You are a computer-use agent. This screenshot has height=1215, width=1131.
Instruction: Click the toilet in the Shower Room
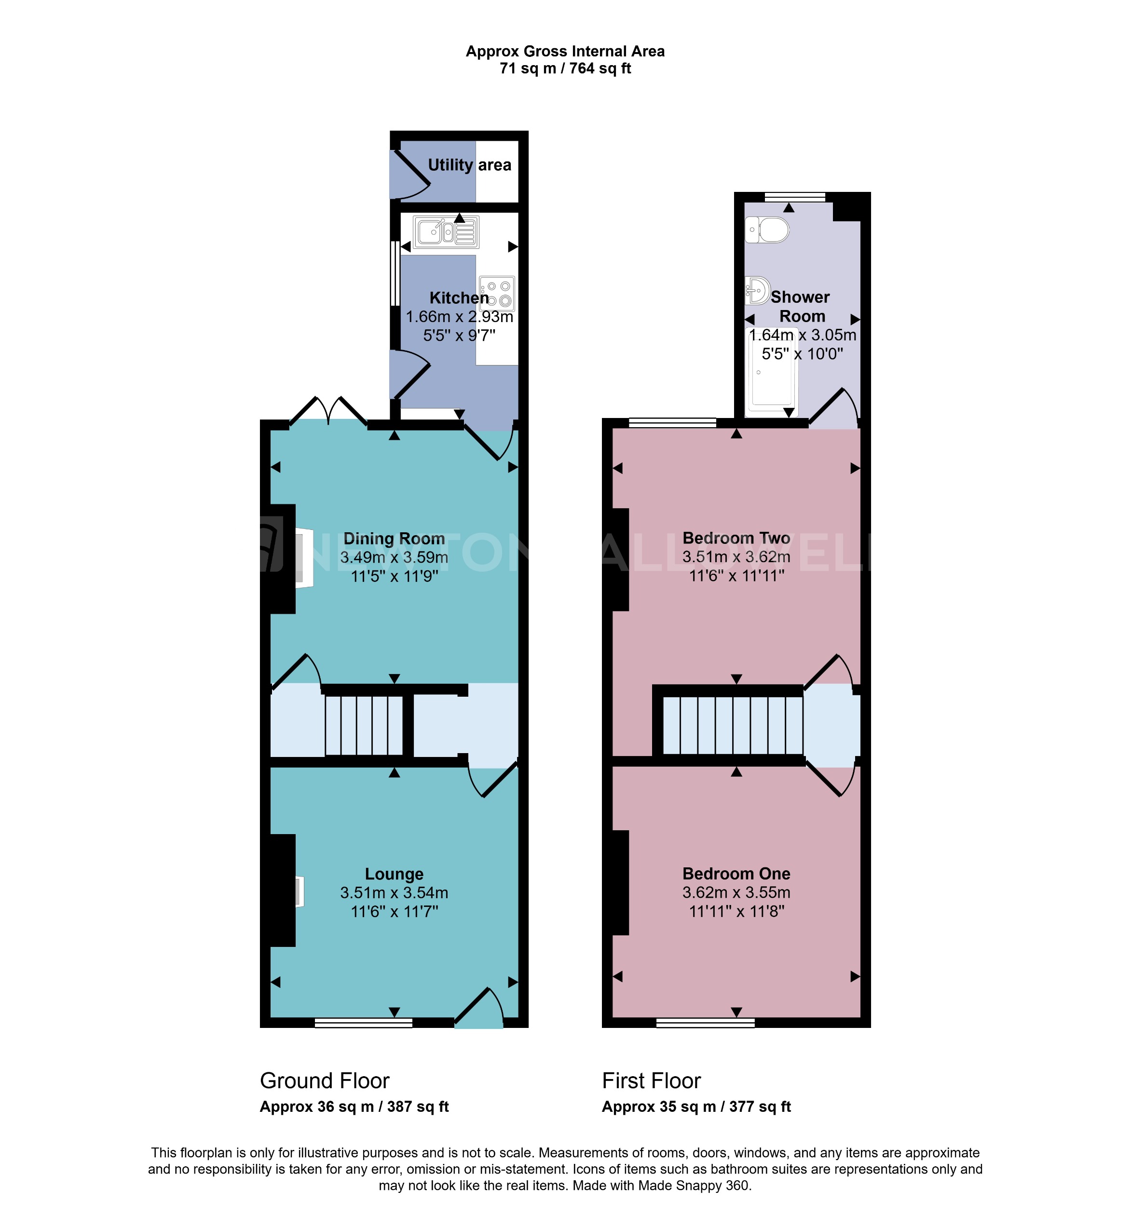pos(768,230)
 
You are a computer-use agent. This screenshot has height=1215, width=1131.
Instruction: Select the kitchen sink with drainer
pos(446,232)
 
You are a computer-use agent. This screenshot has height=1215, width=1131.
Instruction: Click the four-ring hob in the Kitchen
pos(497,294)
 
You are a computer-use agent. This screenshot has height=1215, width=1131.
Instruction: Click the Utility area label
pos(469,165)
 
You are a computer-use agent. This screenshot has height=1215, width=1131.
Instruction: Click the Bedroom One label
pos(736,873)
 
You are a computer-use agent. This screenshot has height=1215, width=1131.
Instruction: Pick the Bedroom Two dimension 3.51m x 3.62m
pos(736,557)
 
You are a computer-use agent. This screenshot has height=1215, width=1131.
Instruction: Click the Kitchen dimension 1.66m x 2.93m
pos(459,317)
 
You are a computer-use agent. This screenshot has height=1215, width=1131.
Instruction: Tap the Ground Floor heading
pos(324,1080)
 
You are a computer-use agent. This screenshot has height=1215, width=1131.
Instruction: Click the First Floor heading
pos(651,1080)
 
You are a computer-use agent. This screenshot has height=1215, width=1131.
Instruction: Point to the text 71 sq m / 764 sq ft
pos(565,68)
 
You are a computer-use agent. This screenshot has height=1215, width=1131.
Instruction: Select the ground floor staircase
pos(363,726)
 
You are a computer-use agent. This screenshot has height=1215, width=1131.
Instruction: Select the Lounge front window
pos(364,1023)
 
